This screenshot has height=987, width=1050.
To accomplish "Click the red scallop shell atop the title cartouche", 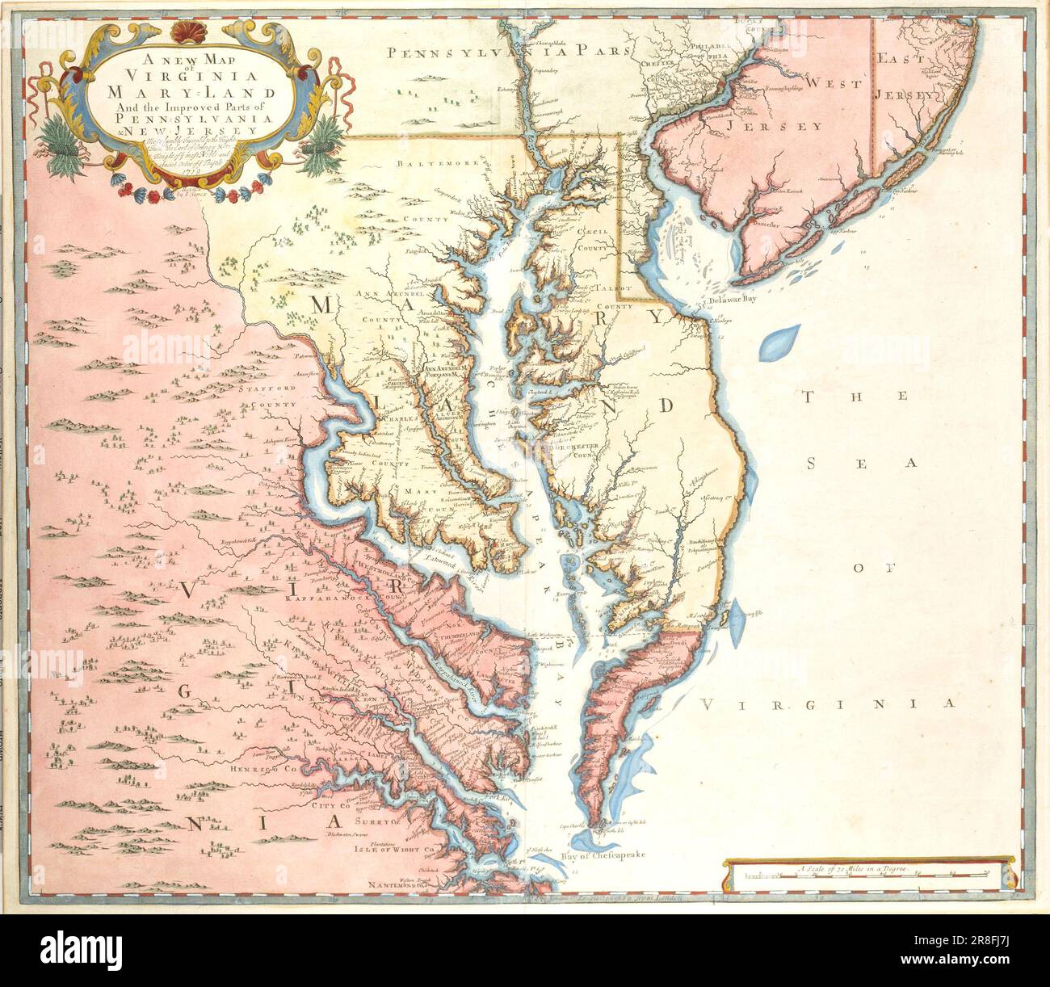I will pyautogui.click(x=187, y=34).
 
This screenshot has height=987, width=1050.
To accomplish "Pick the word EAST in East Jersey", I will pyautogui.click(x=901, y=59).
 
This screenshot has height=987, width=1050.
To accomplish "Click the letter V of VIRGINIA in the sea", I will pyautogui.click(x=707, y=704).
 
